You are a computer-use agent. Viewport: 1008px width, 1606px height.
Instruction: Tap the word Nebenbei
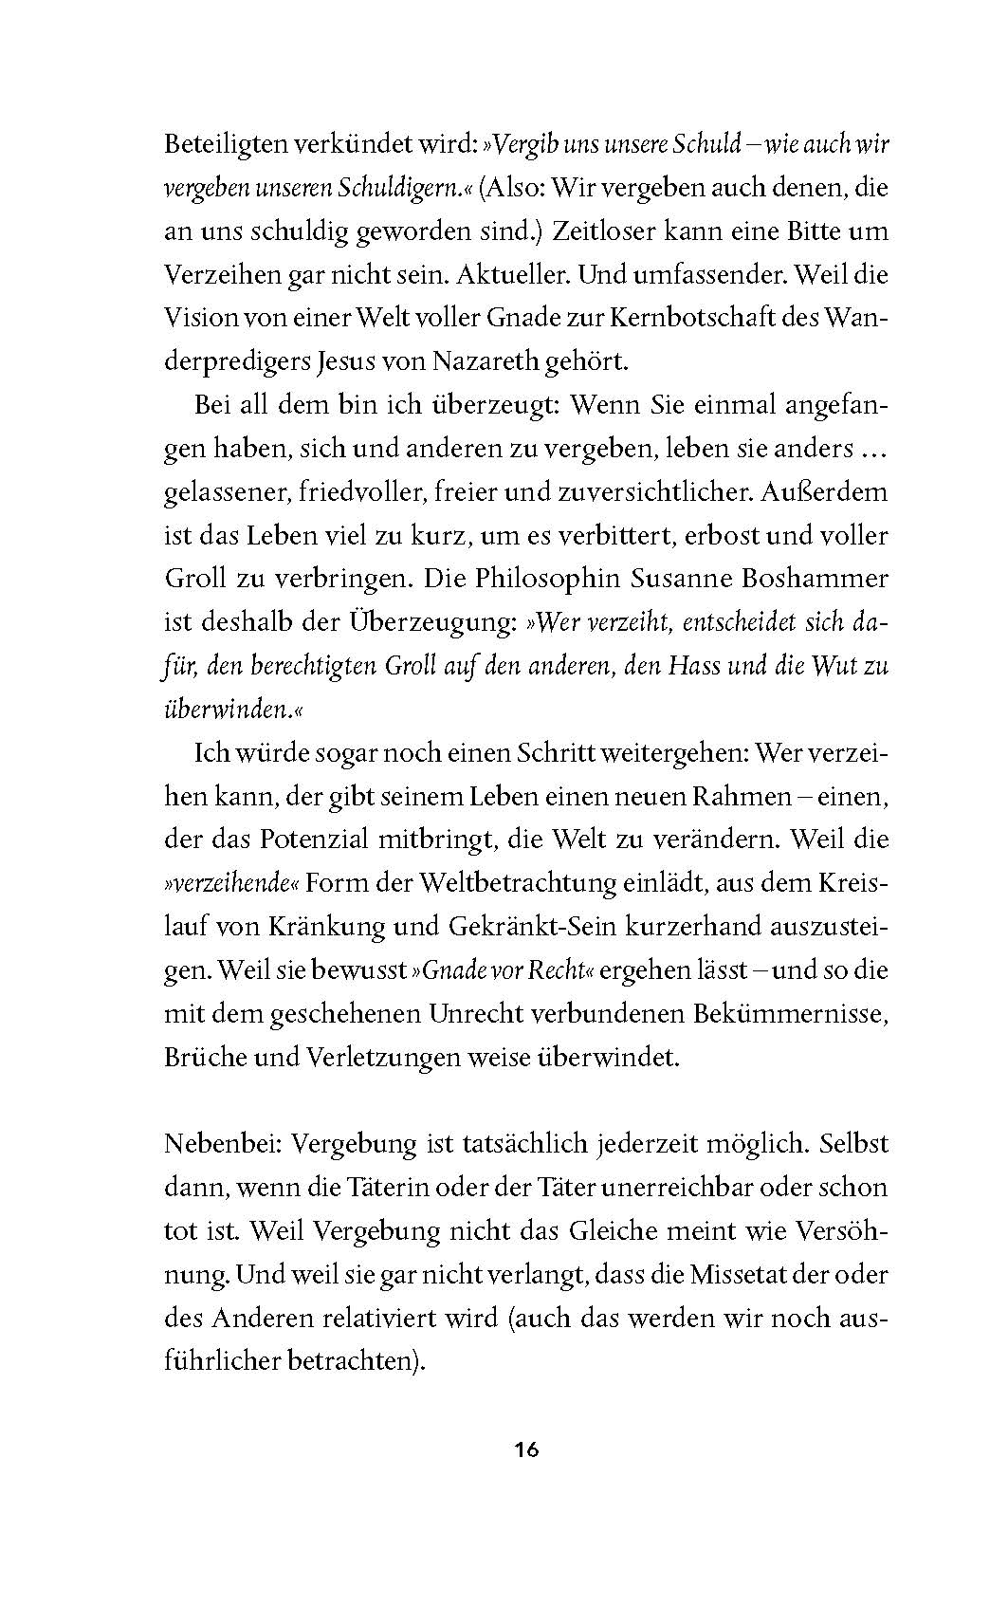tap(223, 1143)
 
